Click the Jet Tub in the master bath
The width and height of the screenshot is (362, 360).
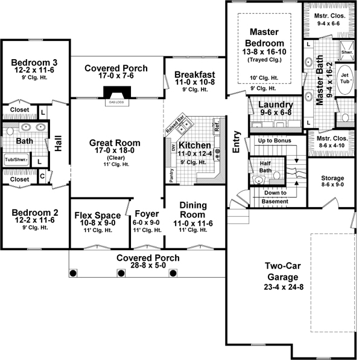click(x=345, y=83)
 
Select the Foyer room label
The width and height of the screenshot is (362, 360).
click(x=146, y=214)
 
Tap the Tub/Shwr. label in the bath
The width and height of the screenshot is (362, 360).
click(x=17, y=160)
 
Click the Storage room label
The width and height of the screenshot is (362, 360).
click(x=332, y=179)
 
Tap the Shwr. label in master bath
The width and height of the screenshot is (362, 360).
click(x=347, y=52)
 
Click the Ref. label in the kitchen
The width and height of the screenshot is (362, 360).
click(x=217, y=126)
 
